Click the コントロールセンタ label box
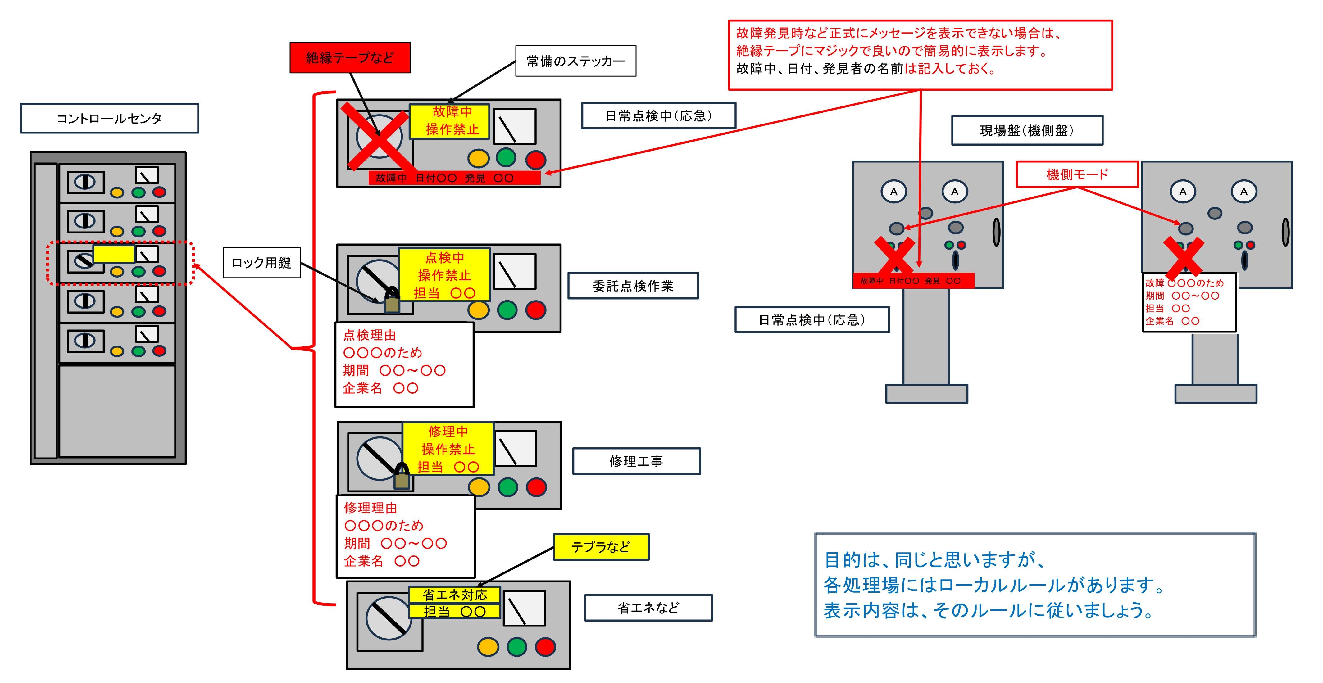coord(109,119)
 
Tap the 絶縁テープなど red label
coord(350,57)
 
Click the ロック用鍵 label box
coord(261,263)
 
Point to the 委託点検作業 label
coord(633,286)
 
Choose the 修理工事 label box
coord(636,461)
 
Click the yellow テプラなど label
coord(600,547)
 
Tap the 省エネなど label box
coord(648,608)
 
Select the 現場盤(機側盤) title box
coord(1027,130)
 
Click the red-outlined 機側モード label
coord(1077,174)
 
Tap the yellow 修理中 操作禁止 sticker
coord(448,449)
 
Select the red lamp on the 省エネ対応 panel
coord(545,647)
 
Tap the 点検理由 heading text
coord(369,335)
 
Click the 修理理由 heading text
coord(370,508)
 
